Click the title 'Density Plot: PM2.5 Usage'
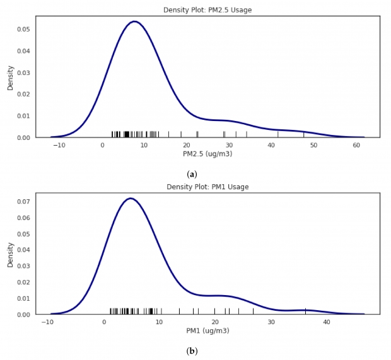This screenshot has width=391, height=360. [x=207, y=10]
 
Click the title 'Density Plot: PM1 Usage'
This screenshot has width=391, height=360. [x=207, y=187]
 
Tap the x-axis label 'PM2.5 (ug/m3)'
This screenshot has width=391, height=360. [x=207, y=154]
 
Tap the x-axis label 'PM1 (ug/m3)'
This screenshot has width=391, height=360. [x=207, y=330]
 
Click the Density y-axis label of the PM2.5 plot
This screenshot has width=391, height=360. [x=10, y=78]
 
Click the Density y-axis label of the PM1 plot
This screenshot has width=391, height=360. [x=10, y=254]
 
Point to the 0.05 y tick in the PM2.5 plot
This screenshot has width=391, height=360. [x=23, y=30]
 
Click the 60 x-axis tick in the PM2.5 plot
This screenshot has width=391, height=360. [x=356, y=145]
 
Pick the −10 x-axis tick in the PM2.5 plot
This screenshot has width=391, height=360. [x=59, y=145]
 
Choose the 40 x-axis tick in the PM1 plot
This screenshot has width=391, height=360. [x=327, y=322]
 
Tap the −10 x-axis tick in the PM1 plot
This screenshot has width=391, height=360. [x=48, y=322]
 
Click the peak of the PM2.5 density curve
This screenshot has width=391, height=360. [x=134, y=21]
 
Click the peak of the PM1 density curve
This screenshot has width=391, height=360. [x=131, y=199]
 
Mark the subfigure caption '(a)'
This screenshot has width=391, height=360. [x=192, y=174]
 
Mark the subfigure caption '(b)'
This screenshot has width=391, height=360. [x=192, y=351]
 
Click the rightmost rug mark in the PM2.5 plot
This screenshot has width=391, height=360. [x=304, y=134]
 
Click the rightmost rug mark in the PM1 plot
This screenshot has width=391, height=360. [x=306, y=311]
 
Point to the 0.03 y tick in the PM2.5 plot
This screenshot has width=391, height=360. [x=23, y=73]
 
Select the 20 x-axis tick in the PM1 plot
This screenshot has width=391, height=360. [x=215, y=322]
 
